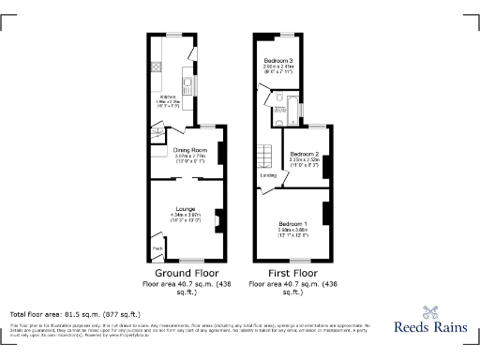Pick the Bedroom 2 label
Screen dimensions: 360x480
coord(305,154)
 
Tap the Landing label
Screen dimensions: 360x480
coord(268,175)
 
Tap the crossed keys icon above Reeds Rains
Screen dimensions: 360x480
coord(432,313)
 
